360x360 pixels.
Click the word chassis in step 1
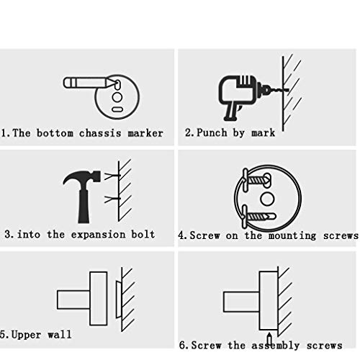pos(100,133)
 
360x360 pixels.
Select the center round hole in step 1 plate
pos(117,97)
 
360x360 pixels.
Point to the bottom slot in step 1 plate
pos(117,109)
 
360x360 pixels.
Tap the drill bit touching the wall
pos(279,90)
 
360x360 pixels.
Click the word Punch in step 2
pos(212,133)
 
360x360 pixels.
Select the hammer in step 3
pos(82,197)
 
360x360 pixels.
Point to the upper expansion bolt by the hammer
pos(112,176)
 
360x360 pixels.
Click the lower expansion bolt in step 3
pos(112,199)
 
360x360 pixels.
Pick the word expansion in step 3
pos(98,235)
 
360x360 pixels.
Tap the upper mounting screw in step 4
pos(257,180)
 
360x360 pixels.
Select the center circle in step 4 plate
pos(267,199)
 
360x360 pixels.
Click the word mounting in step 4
pos(292,235)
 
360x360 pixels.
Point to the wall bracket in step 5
pos(119,300)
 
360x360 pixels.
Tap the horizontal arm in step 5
pos(73,300)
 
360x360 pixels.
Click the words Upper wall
pos(41,335)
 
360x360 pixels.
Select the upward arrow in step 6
pos(269,339)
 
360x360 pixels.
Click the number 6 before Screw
pos(183,345)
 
